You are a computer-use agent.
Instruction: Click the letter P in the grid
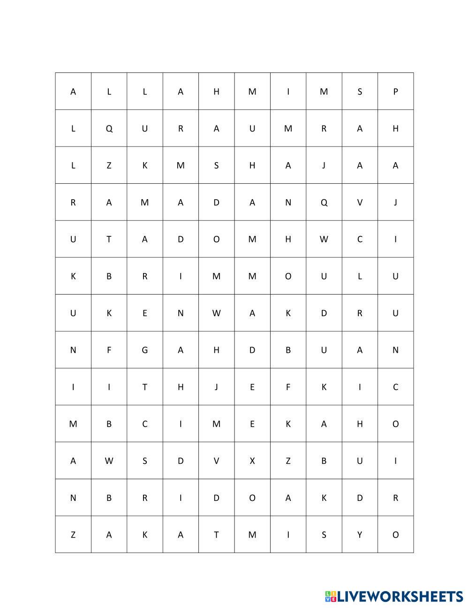coord(395,92)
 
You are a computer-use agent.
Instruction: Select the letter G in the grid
coord(144,350)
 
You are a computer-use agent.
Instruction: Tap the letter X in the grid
coord(252,461)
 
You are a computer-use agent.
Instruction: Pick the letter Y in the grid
coord(360,535)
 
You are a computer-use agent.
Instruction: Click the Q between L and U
coord(109,129)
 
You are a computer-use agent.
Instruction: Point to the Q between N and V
coord(324,203)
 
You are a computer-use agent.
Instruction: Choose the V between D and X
coord(216,461)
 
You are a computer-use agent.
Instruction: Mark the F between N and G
coord(109,350)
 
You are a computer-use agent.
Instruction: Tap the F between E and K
coord(288,387)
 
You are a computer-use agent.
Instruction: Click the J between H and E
coord(216,387)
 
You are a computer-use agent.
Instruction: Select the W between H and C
coord(324,239)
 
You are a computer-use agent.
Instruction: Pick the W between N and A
coord(216,313)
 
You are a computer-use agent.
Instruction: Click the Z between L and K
coord(109,165)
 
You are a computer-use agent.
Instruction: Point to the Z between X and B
coord(288,461)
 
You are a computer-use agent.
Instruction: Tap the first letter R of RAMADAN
coord(73,203)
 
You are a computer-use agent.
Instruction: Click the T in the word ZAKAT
coord(216,535)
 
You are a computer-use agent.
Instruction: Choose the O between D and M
coord(216,239)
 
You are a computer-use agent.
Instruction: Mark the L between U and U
coord(360,276)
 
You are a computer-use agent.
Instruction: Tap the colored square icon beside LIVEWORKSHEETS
coord(331,597)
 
